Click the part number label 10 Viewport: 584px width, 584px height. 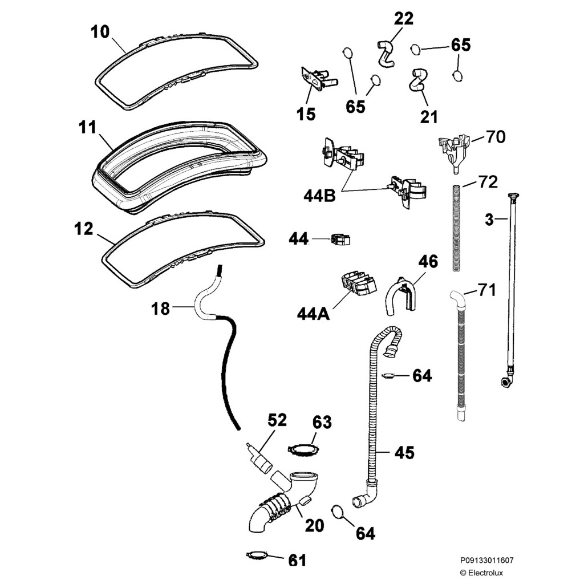(100, 32)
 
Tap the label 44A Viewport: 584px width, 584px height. (313, 314)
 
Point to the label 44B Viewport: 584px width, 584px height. (319, 196)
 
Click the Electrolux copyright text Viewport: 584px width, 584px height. (481, 573)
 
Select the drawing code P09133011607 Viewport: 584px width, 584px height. (486, 560)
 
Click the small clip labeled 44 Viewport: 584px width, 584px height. (340, 240)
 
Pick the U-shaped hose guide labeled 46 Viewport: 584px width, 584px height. (400, 297)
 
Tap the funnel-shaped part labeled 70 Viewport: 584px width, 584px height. (455, 150)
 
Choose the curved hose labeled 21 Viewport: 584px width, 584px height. (418, 80)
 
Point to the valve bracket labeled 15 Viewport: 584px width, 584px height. (318, 79)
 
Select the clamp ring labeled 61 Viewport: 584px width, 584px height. (257, 555)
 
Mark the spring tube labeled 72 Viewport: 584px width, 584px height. (456, 227)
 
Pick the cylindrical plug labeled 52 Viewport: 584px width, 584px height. (259, 457)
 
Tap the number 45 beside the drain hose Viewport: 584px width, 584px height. (404, 452)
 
